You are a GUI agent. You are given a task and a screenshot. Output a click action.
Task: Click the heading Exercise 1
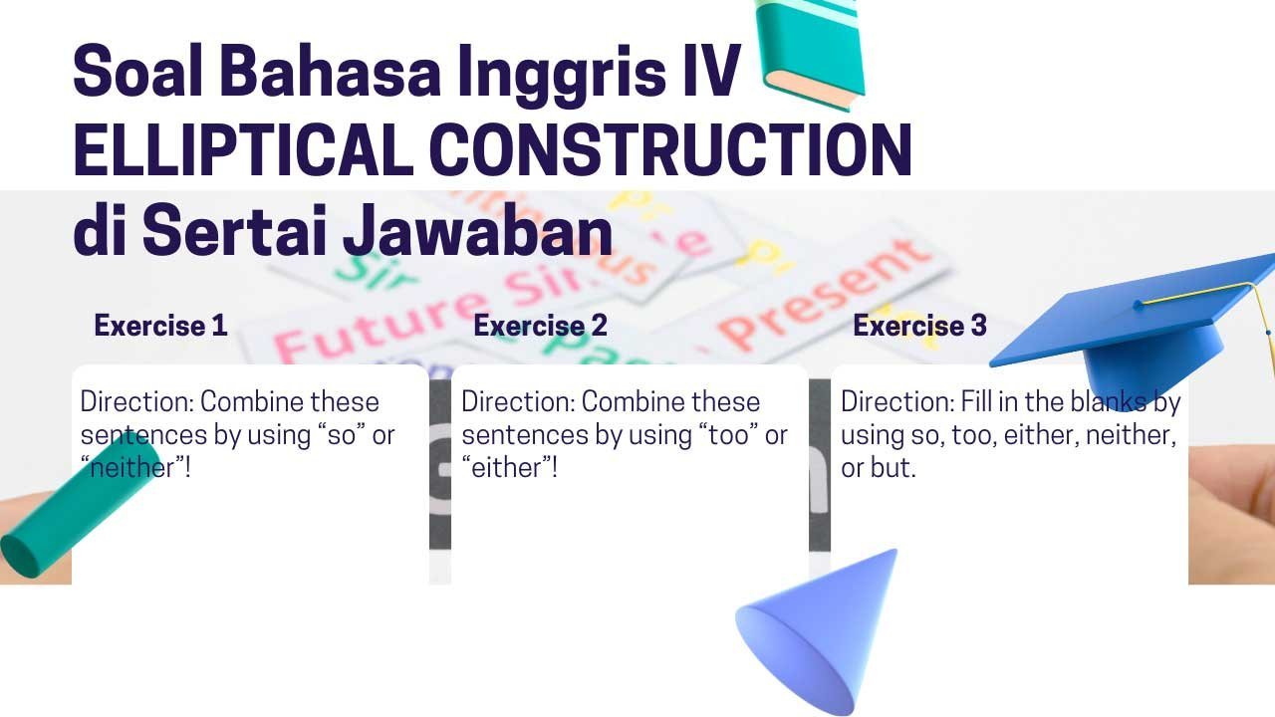[160, 325]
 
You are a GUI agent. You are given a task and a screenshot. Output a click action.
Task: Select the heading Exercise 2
[540, 325]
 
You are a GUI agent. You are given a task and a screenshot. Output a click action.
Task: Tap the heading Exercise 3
[919, 325]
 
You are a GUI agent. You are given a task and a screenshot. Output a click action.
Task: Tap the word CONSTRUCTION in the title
[670, 150]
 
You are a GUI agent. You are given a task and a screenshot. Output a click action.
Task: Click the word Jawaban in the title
[478, 231]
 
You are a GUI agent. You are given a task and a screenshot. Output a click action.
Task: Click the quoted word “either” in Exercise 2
[508, 468]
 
